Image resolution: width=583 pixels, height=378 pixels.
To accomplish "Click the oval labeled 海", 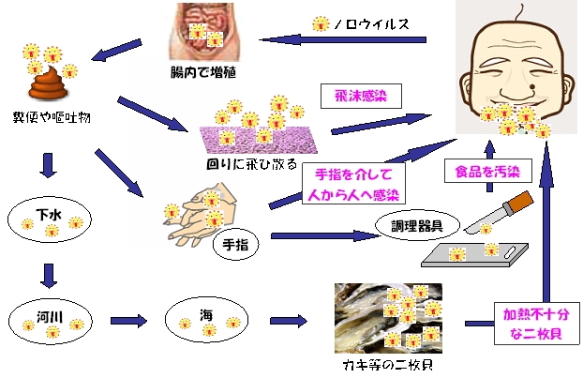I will [x=205, y=320].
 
